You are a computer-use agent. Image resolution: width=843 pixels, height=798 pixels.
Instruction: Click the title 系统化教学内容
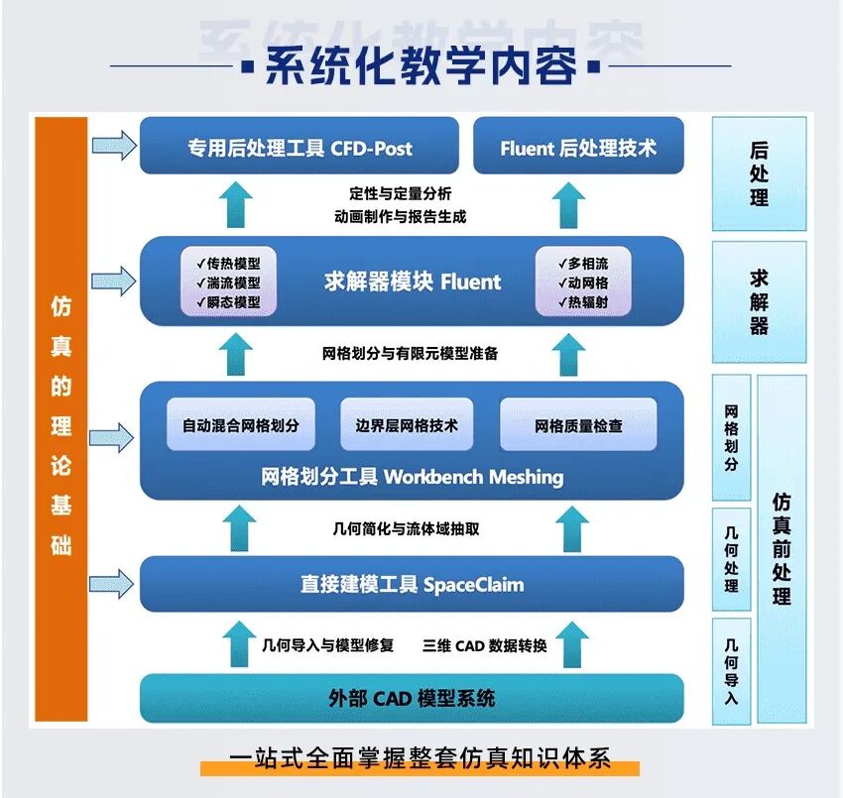[421, 67]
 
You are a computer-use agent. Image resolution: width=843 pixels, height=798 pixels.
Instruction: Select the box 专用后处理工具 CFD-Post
[300, 149]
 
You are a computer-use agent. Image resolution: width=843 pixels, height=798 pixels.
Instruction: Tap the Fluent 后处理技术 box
[578, 149]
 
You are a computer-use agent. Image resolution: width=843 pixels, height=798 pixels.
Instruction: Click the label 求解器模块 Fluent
[412, 282]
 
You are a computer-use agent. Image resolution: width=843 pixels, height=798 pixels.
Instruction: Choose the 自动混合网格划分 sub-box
[240, 425]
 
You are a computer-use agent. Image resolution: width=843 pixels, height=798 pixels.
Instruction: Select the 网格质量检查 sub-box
[578, 425]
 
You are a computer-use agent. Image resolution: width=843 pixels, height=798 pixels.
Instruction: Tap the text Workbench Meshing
[473, 477]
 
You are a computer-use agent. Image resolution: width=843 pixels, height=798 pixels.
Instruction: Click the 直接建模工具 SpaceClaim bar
[412, 584]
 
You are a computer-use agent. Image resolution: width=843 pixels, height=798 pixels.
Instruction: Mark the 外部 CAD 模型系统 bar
[412, 698]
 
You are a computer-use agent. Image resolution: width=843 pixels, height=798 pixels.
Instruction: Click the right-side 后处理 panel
[759, 173]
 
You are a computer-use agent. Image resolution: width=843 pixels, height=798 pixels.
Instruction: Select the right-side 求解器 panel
[759, 301]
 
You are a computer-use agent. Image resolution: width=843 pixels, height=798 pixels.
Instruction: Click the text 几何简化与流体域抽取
[407, 529]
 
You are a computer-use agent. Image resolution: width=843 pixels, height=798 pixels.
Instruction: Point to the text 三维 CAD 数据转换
[485, 645]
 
